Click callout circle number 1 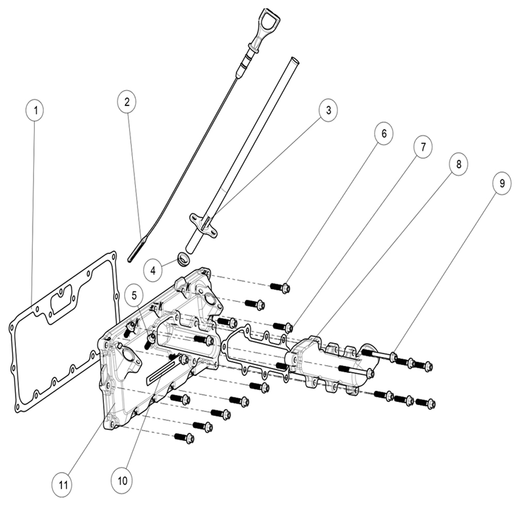click(36, 110)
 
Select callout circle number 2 click(127, 102)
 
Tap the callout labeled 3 click(329, 110)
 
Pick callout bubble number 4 click(153, 271)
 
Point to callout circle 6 click(384, 134)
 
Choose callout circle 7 click(423, 147)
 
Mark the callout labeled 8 click(458, 164)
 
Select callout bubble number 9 click(502, 183)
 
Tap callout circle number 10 click(122, 481)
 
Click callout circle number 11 click(63, 485)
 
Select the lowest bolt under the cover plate click(184, 437)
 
